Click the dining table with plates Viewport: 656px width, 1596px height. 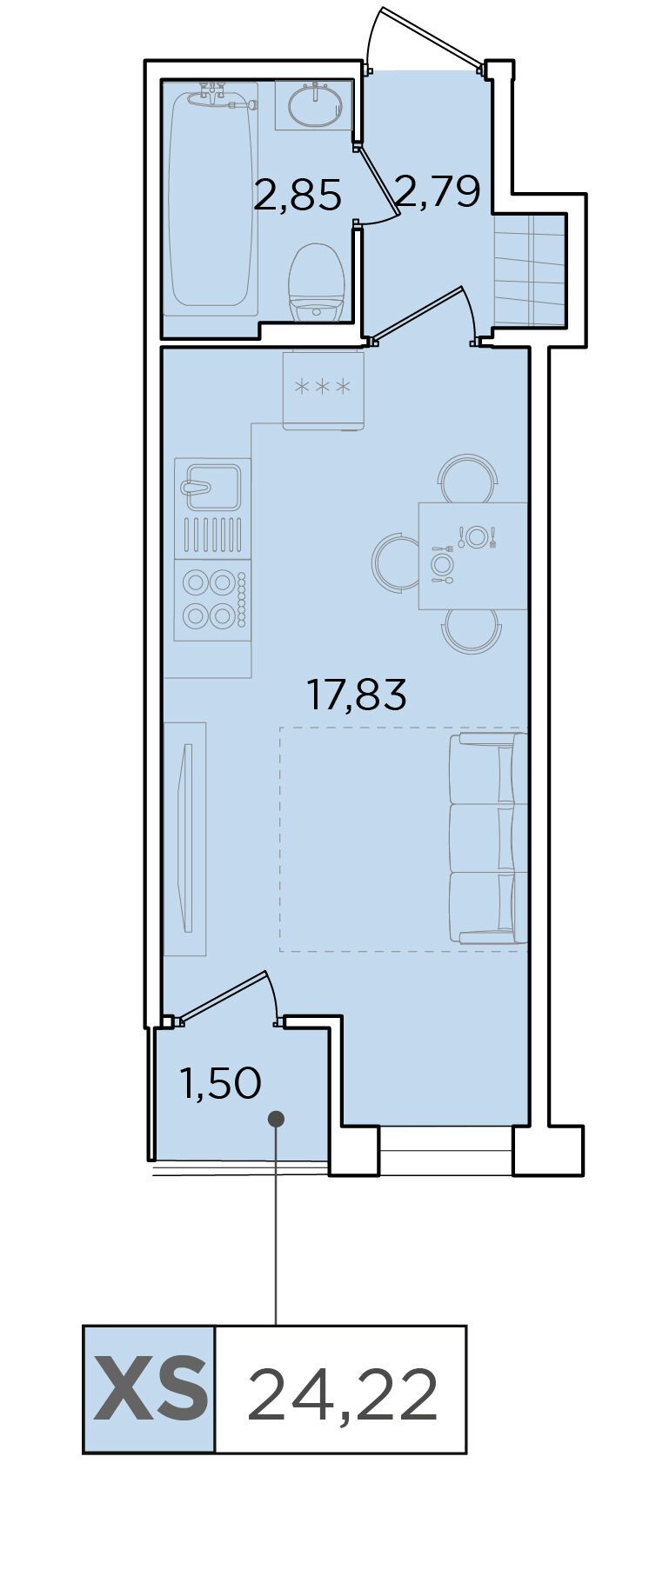[x=473, y=555]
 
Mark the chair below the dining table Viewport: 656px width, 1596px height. [x=472, y=632]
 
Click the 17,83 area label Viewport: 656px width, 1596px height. [x=357, y=695]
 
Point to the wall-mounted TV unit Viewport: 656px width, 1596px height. [x=185, y=839]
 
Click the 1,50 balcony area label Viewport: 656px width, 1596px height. [x=220, y=1084]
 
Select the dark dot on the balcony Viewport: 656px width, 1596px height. [x=277, y=1119]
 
